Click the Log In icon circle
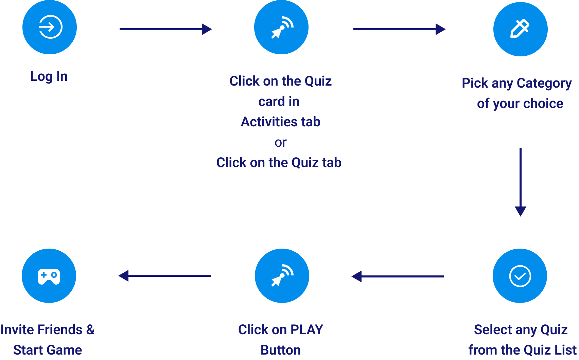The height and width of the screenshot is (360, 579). click(50, 27)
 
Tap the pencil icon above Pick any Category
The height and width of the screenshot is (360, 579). click(520, 29)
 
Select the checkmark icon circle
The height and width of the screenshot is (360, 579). click(520, 276)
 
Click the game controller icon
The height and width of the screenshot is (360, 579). click(49, 276)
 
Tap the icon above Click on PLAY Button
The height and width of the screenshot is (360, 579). click(282, 276)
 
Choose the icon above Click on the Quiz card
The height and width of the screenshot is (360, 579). click(281, 27)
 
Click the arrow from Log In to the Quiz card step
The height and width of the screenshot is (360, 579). click(165, 29)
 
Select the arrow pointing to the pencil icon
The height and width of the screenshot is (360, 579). click(399, 29)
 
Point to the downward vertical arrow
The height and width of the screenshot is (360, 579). click(520, 182)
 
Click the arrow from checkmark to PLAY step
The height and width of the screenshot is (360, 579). click(398, 276)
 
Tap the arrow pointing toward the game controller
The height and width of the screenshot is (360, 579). click(164, 276)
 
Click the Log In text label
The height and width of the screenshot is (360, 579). click(49, 76)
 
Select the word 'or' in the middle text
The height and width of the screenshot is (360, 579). click(281, 142)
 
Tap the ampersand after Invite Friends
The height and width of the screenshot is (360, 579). click(90, 329)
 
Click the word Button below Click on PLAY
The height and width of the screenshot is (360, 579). click(281, 350)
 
